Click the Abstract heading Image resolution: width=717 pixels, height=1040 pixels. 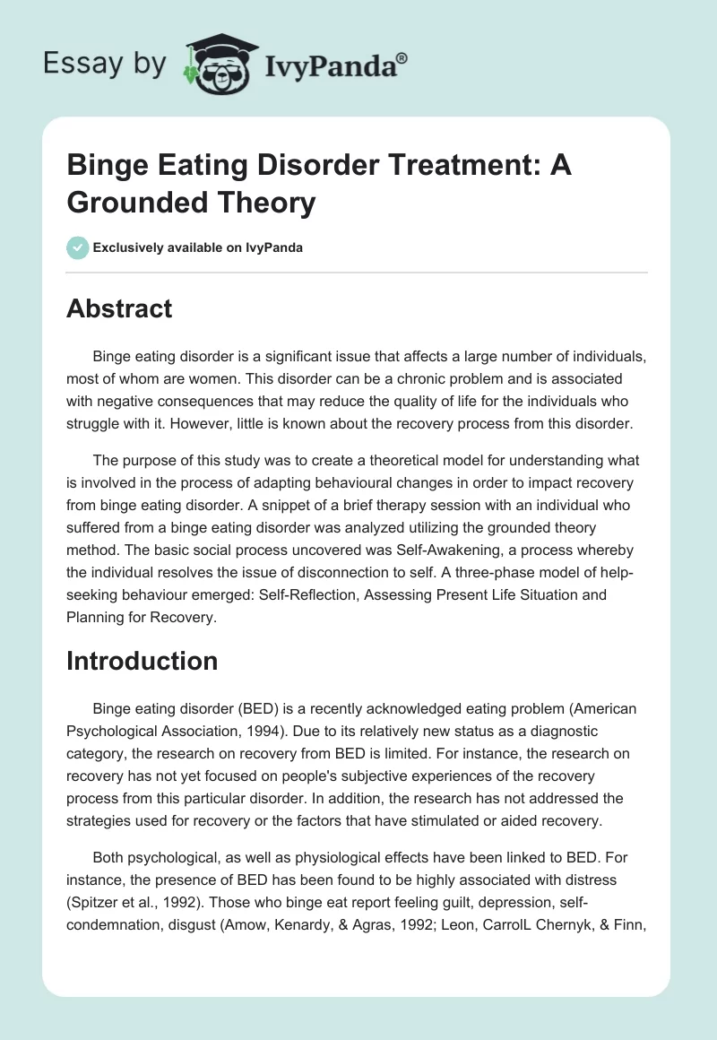[x=119, y=309]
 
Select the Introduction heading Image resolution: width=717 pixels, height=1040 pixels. [x=143, y=661]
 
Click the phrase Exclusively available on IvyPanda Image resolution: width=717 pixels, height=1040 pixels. [x=196, y=247]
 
